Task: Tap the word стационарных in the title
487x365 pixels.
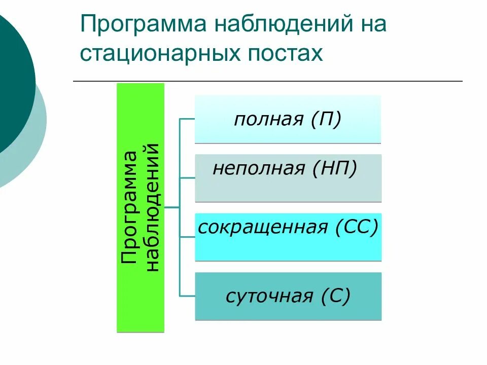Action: (155, 53)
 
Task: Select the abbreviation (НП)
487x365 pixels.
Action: (335, 168)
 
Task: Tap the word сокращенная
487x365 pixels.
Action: (263, 227)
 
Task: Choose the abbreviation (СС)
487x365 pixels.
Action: (357, 227)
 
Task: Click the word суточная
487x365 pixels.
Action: (269, 296)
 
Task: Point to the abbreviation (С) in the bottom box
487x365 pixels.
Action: (335, 296)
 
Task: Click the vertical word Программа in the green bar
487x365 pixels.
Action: (129, 207)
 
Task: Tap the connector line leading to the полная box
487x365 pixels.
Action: (187, 119)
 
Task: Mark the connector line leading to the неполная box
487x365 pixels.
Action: (187, 178)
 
